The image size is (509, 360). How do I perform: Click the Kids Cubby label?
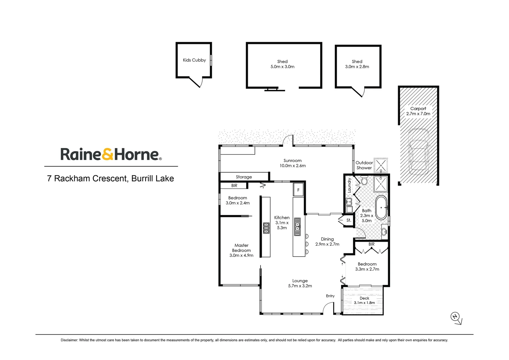pos(194,60)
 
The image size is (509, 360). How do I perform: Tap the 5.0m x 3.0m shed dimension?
pos(282,67)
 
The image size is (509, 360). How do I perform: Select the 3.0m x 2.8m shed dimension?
pos(357,67)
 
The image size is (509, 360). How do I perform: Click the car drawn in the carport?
pos(418,152)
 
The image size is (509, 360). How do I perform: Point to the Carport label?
pos(418,108)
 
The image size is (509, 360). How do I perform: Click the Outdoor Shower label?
pos(364,165)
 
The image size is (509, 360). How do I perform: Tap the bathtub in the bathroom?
pos(381,207)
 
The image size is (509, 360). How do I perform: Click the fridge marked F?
pos(298,190)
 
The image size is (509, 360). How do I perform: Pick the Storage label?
pos(244,177)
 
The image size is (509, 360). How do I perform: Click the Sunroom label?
pos(292,161)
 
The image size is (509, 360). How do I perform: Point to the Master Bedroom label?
pos(241,248)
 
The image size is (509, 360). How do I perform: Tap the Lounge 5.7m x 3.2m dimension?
pos(300,286)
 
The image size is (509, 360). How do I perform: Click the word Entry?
pos(330,296)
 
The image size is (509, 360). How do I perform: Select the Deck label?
pos(364,298)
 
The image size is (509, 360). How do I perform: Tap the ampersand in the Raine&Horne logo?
pos(108,154)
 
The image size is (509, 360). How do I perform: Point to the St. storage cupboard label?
pos(349,220)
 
